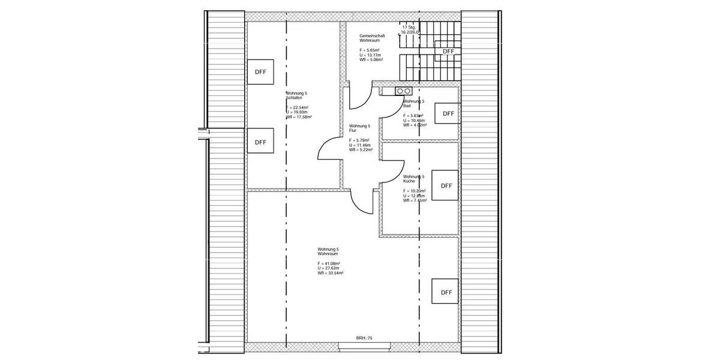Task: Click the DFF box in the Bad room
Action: click(448, 113)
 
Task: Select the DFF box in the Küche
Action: click(446, 185)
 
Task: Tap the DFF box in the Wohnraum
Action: click(446, 292)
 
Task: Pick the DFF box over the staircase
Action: click(448, 51)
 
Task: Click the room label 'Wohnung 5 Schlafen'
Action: click(296, 95)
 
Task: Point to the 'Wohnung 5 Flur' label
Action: click(359, 128)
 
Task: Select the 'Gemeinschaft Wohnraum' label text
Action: click(372, 38)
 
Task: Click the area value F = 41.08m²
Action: click(329, 264)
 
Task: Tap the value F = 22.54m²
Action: click(297, 107)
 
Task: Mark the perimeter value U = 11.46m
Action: click(360, 145)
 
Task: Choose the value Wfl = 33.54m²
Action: click(331, 273)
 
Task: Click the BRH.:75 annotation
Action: click(364, 338)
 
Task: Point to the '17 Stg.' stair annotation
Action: click(409, 27)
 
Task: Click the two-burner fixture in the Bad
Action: click(403, 91)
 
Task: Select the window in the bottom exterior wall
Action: click(365, 345)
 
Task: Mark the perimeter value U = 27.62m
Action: click(329, 268)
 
